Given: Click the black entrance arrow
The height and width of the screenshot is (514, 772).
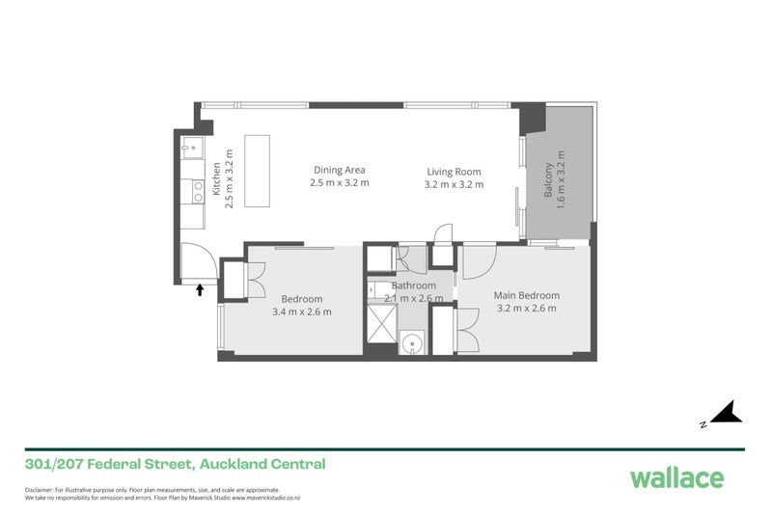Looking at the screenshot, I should coord(200,288).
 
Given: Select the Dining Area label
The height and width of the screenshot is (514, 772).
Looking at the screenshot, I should coord(339,170).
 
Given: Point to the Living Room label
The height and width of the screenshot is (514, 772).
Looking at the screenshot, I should coord(455,171).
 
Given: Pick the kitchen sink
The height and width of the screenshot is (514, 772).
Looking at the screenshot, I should coord(192,149).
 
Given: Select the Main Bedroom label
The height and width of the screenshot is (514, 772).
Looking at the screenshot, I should coord(527,295).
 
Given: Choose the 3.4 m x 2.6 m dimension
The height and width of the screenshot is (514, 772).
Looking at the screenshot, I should coord(302,311).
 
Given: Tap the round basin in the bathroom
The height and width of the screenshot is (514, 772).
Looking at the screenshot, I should coord(412,341).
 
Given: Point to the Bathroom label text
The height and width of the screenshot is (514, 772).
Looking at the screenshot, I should coord(414,285).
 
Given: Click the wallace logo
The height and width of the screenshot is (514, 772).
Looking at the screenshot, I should coord(675,476).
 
